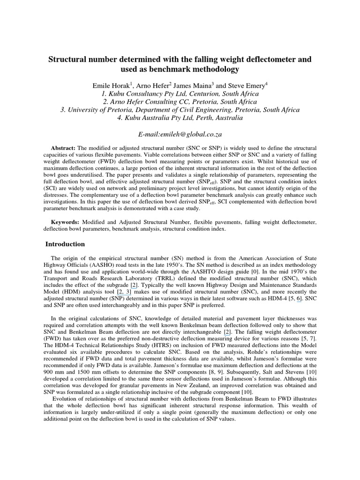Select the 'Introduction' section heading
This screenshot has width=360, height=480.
[65, 244]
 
